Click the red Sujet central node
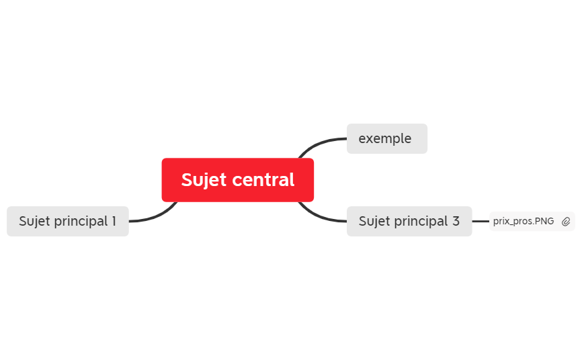click(x=237, y=180)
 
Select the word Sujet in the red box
click(x=204, y=181)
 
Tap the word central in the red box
click(x=263, y=179)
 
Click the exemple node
click(x=386, y=138)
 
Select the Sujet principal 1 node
click(x=68, y=221)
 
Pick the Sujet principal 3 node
click(x=409, y=221)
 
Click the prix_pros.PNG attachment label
click(x=524, y=221)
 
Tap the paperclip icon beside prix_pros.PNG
click(x=566, y=222)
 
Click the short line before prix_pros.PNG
click(x=481, y=221)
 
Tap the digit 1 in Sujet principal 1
click(x=114, y=221)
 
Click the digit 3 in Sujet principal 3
click(x=456, y=221)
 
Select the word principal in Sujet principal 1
click(x=81, y=222)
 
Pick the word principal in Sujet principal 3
click(x=421, y=222)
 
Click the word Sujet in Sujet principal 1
click(x=34, y=222)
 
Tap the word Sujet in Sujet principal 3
click(x=374, y=222)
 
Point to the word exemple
click(x=385, y=139)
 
